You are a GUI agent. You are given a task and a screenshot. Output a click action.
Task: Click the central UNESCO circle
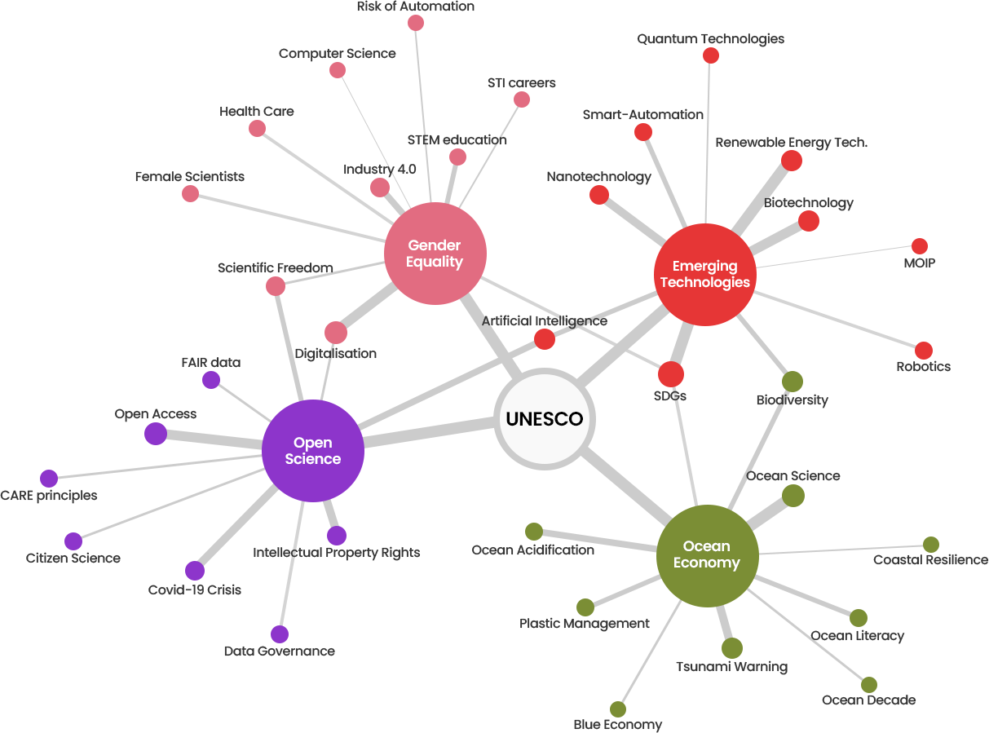pyautogui.click(x=545, y=419)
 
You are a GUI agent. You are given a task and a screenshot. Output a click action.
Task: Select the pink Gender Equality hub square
pyautogui.click(x=435, y=254)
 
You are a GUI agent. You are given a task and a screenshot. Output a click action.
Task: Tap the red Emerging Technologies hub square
pyautogui.click(x=704, y=274)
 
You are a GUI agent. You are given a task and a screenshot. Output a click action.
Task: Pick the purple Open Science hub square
pyautogui.click(x=312, y=451)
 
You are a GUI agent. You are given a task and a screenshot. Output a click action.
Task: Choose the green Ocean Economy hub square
pyautogui.click(x=707, y=555)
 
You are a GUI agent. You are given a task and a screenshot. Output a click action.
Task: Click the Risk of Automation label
pyautogui.click(x=415, y=7)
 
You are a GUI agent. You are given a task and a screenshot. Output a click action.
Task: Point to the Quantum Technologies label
pyautogui.click(x=710, y=39)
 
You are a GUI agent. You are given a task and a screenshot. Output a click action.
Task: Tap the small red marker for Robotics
pyautogui.click(x=923, y=350)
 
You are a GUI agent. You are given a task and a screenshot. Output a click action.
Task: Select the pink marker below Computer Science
pyautogui.click(x=338, y=70)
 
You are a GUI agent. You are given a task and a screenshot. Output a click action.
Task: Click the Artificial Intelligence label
pyautogui.click(x=544, y=321)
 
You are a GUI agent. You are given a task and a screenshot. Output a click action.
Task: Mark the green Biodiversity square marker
pyautogui.click(x=792, y=381)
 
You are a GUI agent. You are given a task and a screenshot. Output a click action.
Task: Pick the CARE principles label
pyautogui.click(x=48, y=496)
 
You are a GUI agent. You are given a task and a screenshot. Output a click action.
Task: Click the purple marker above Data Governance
pyautogui.click(x=279, y=634)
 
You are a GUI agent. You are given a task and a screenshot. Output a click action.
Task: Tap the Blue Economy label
pyautogui.click(x=617, y=725)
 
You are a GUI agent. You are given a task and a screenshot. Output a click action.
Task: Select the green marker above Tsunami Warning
pyautogui.click(x=731, y=647)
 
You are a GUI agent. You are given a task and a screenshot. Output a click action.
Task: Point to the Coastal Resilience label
pyautogui.click(x=930, y=560)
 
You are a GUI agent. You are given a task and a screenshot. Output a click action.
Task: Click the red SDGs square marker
pyautogui.click(x=670, y=373)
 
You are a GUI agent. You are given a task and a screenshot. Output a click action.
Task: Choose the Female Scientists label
pyautogui.click(x=190, y=176)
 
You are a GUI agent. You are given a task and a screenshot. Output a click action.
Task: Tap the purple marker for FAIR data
pyautogui.click(x=210, y=379)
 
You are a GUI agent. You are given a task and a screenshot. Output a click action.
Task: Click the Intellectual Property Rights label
pyautogui.click(x=336, y=553)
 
